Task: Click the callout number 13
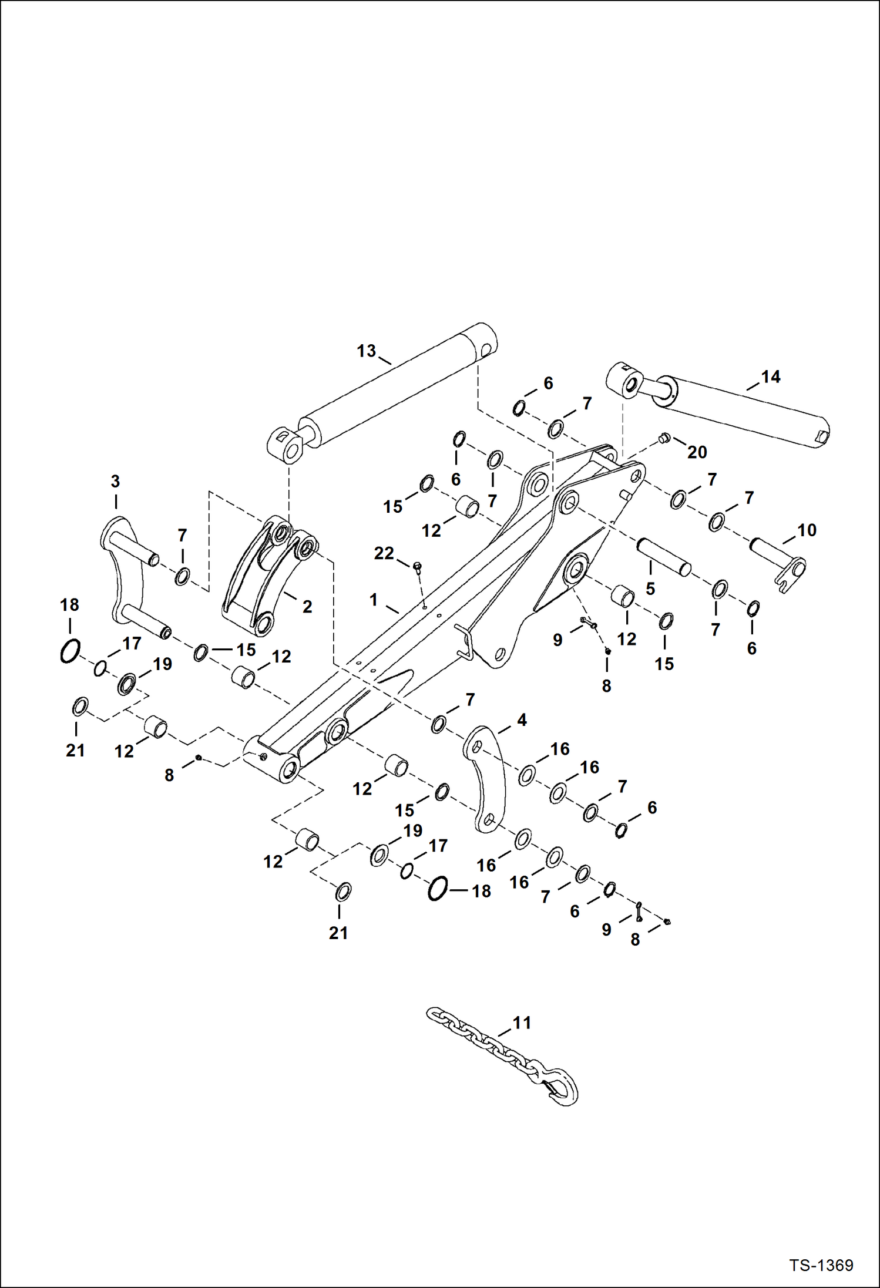coord(366,351)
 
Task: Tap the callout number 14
coord(771,376)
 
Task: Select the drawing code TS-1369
coord(821,1265)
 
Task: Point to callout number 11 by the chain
coord(522,1023)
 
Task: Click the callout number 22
coord(384,553)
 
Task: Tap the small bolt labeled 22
coord(417,566)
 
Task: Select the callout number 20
coord(697,452)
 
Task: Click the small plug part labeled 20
coord(664,437)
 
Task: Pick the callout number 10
coord(807,530)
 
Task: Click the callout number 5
coord(650,588)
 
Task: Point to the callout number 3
coord(115,481)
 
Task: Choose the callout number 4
coord(522,719)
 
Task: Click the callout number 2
coord(307,607)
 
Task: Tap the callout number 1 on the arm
coord(373,600)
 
